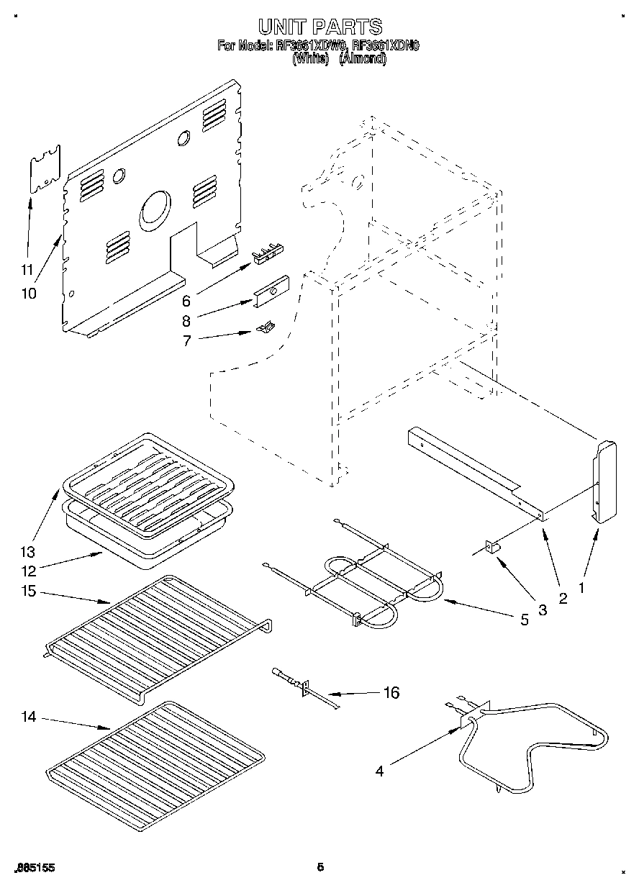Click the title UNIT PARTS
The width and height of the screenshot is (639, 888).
pyautogui.click(x=319, y=27)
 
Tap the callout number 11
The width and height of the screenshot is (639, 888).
pyautogui.click(x=27, y=271)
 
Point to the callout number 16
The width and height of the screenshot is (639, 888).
pyautogui.click(x=391, y=693)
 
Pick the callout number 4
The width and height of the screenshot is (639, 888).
pyautogui.click(x=379, y=771)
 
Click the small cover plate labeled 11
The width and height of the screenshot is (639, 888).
pyautogui.click(x=45, y=171)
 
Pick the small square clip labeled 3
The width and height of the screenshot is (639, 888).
pyautogui.click(x=494, y=548)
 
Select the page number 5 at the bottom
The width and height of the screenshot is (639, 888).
pyautogui.click(x=320, y=867)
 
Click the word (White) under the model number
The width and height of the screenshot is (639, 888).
pyautogui.click(x=310, y=60)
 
